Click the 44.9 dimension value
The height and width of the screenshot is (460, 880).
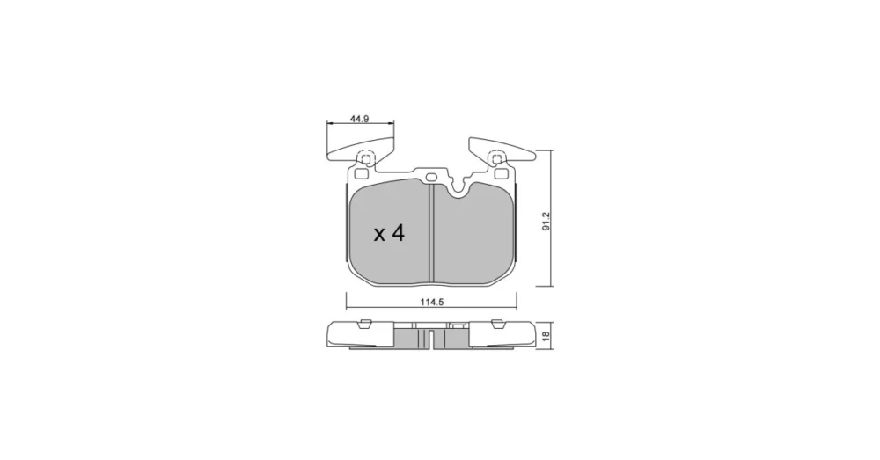point(359,119)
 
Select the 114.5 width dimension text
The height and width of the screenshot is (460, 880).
point(432,302)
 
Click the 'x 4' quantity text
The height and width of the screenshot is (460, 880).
point(389,233)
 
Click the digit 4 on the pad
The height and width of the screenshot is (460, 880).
point(398,233)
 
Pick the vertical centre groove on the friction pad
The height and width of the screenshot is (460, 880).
point(431,232)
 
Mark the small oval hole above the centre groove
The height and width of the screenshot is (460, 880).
point(431,178)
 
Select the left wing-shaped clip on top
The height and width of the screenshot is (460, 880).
point(360,151)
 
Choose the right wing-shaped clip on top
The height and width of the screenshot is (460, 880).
point(502,150)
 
